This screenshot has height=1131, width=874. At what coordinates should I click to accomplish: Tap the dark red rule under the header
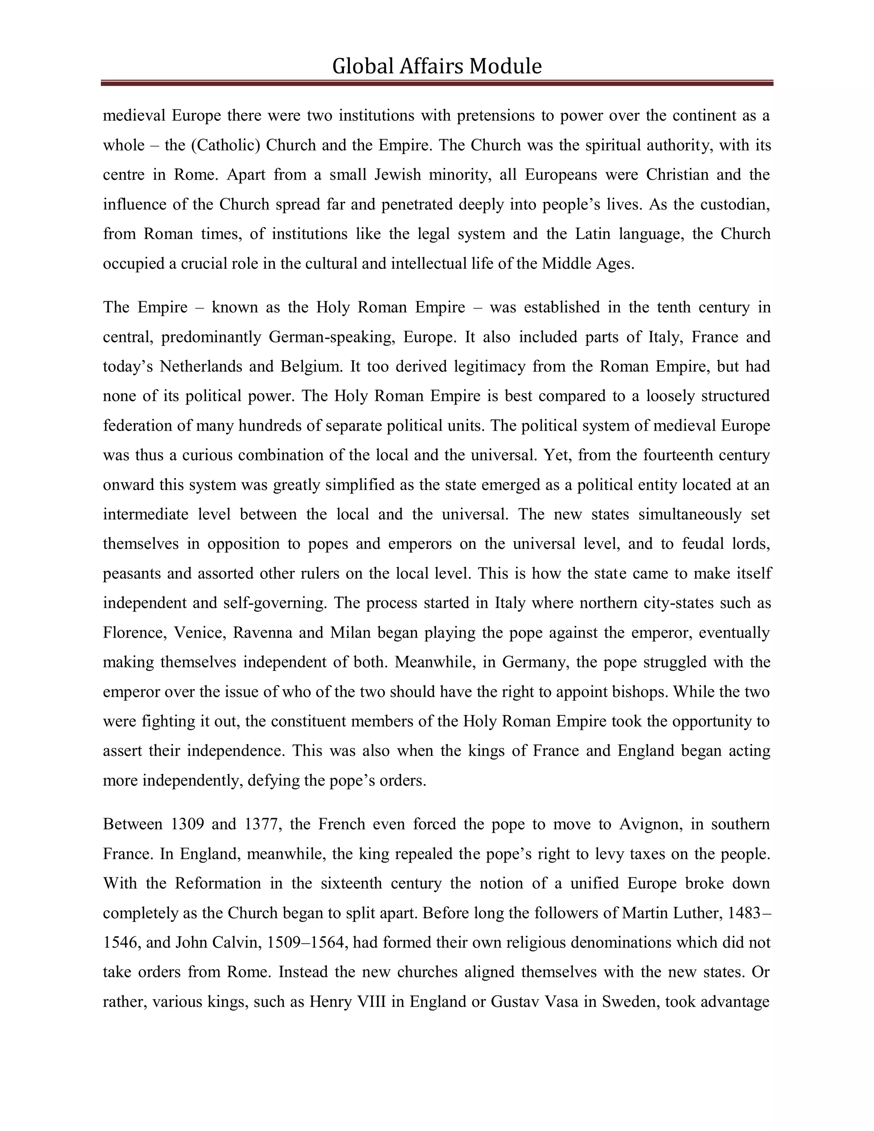[x=437, y=83]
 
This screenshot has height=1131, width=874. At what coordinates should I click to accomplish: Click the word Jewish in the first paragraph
[x=398, y=175]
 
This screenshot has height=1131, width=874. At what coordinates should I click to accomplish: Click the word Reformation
[x=218, y=883]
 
